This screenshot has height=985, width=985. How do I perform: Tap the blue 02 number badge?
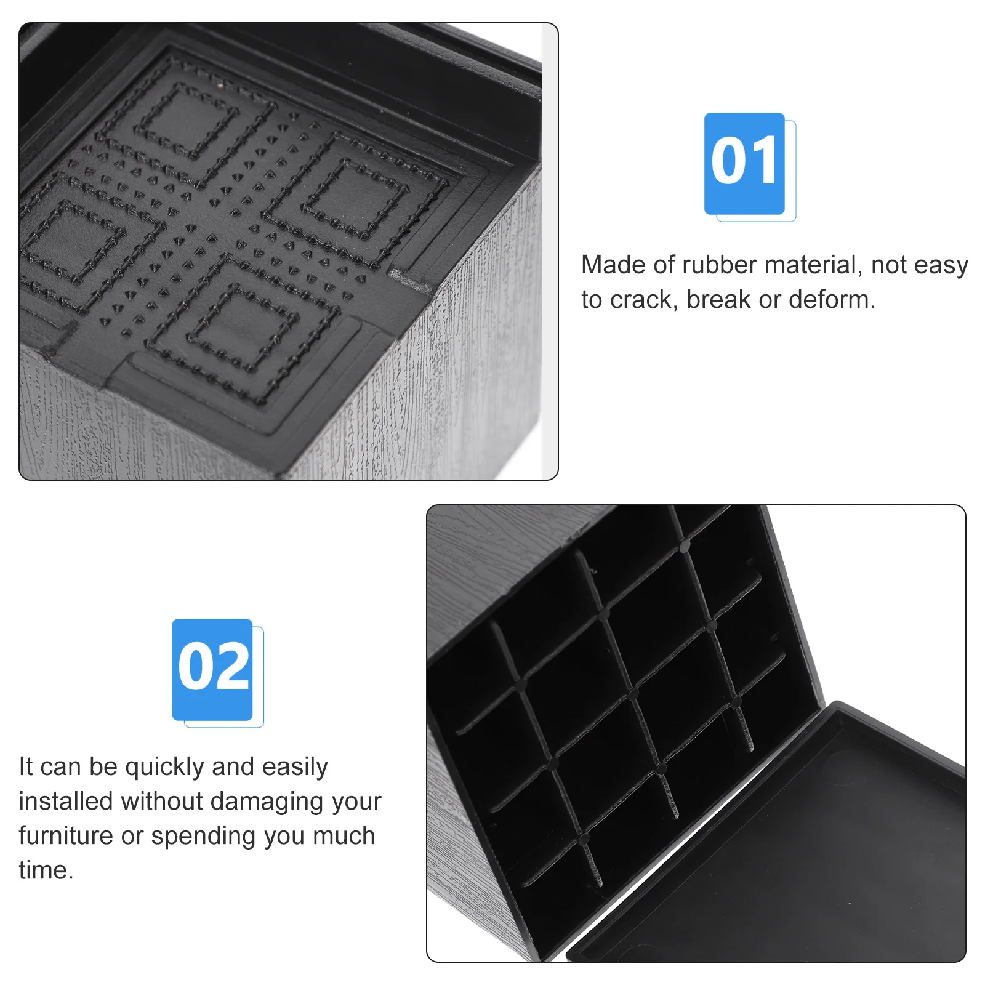pos(212,669)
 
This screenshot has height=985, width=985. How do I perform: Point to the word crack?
pos(643,300)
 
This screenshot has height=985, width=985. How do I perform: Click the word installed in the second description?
pos(66,802)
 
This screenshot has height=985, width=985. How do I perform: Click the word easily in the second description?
pos(295,767)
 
